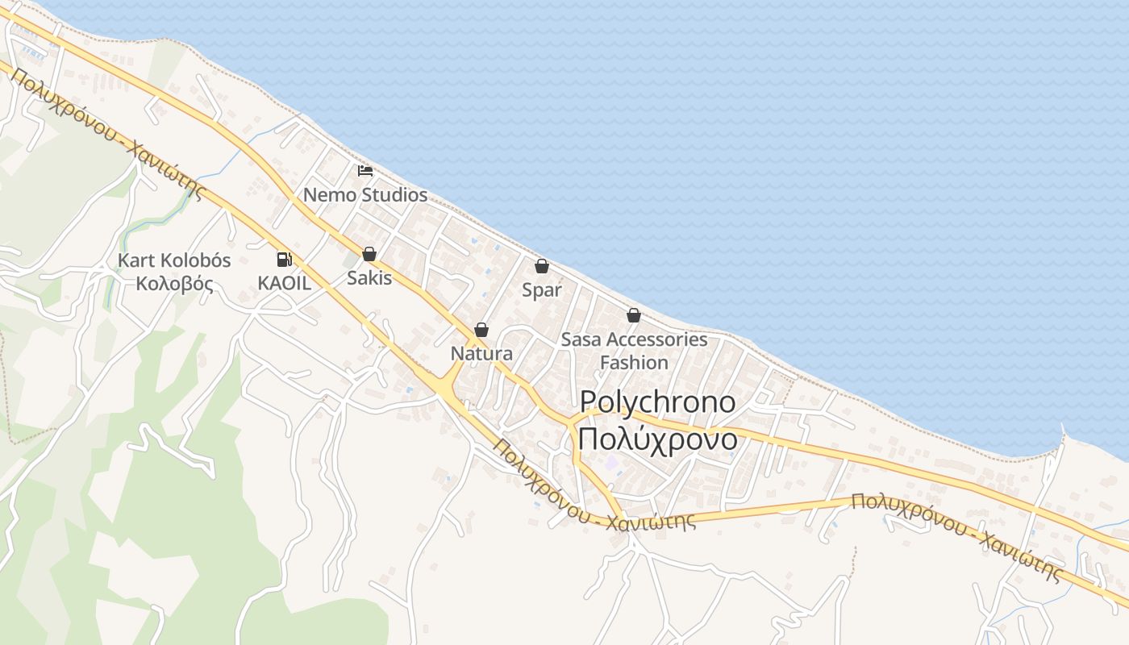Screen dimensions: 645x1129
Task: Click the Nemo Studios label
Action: coord(365,194)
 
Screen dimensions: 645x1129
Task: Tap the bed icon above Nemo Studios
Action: coord(365,171)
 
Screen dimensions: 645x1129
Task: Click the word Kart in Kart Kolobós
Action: coord(136,260)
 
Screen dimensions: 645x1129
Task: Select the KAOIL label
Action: coord(284,283)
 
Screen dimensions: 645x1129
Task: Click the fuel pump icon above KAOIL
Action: coord(284,260)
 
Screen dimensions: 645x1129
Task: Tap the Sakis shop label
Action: coord(369,278)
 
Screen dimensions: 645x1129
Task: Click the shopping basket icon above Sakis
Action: coord(369,254)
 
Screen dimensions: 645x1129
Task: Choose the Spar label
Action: coord(541,290)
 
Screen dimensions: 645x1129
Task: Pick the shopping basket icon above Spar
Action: coord(542,266)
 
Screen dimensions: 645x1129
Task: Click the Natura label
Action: coord(481,354)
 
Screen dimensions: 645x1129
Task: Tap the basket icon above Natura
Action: coord(481,330)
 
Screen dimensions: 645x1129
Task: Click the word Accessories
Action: coord(657,339)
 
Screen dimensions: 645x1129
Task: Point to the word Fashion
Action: coord(634,363)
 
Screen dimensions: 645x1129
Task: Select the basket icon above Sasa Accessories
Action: coord(634,315)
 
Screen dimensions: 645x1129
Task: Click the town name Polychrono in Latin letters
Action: coord(657,402)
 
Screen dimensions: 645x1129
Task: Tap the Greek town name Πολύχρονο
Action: coord(657,439)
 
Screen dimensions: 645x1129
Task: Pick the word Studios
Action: coord(394,194)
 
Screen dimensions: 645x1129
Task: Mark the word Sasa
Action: coord(581,339)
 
